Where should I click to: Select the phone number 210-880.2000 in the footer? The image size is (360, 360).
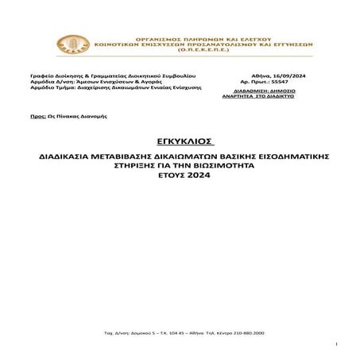247,330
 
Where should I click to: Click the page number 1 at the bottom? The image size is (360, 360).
338,344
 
